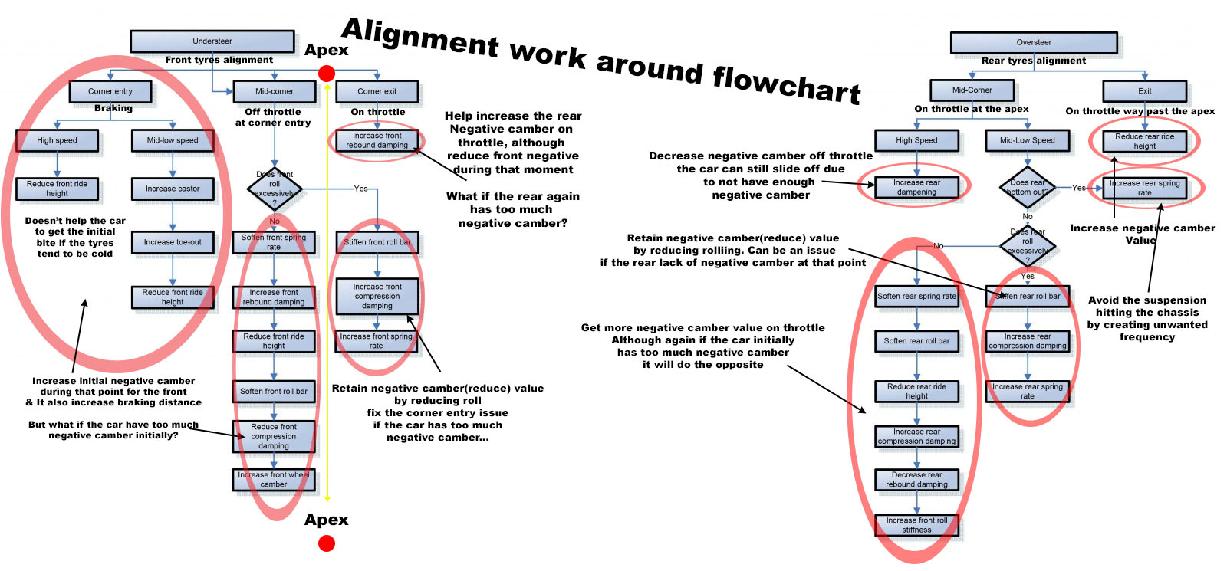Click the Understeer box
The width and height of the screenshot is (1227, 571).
pyautogui.click(x=212, y=41)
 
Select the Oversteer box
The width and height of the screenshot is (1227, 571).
pyautogui.click(x=1034, y=43)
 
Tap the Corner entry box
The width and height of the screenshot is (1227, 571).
pyautogui.click(x=110, y=91)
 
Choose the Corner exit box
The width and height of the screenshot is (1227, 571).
pyautogui.click(x=377, y=91)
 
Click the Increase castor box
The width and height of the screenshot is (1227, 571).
pyautogui.click(x=173, y=189)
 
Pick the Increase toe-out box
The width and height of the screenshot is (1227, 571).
pyautogui.click(x=173, y=242)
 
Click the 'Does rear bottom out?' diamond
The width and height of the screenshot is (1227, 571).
pyautogui.click(x=1028, y=187)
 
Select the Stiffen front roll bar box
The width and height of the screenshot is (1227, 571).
pyautogui.click(x=377, y=242)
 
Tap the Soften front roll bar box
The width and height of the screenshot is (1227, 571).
pyautogui.click(x=274, y=392)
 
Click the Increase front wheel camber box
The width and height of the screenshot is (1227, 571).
pyautogui.click(x=274, y=480)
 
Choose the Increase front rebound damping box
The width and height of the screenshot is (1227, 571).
pyautogui.click(x=274, y=297)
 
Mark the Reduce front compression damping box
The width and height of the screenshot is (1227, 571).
pyautogui.click(x=274, y=437)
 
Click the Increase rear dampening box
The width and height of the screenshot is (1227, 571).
pyautogui.click(x=916, y=188)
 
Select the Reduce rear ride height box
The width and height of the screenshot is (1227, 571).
pyautogui.click(x=916, y=392)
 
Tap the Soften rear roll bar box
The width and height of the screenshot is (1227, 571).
pyautogui.click(x=916, y=341)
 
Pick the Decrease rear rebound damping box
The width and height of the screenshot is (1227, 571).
pyautogui.click(x=916, y=480)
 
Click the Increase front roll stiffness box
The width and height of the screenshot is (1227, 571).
pyautogui.click(x=916, y=525)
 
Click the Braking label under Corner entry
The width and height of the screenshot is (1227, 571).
pyautogui.click(x=113, y=109)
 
